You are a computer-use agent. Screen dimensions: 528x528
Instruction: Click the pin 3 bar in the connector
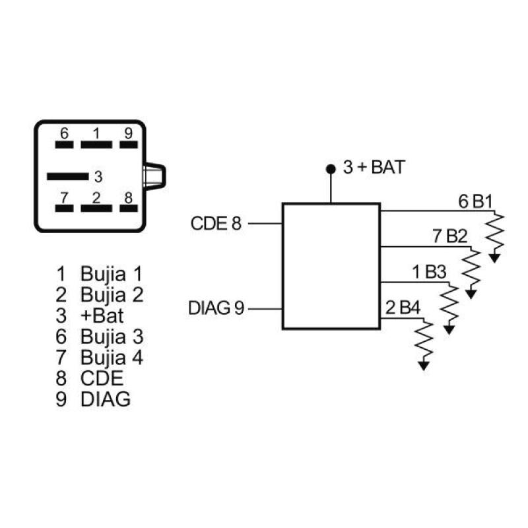tap(67, 176)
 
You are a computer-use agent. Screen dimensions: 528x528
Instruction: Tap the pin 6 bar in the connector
tap(64, 143)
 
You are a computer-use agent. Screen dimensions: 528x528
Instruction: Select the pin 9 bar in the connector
tap(128, 143)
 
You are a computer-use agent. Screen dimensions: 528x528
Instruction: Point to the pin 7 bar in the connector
tap(64, 207)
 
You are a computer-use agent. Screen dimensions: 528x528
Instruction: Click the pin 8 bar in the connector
tap(128, 207)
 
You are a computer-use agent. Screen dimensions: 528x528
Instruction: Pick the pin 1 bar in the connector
tap(96, 143)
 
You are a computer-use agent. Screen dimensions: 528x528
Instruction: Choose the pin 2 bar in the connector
tap(96, 207)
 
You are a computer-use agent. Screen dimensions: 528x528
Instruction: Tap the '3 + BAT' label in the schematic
tap(374, 168)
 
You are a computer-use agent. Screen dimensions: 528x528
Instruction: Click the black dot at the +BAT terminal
tap(330, 169)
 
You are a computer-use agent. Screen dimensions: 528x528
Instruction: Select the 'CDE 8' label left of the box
tap(216, 223)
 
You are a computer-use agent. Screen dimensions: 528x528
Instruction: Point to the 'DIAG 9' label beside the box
tap(216, 308)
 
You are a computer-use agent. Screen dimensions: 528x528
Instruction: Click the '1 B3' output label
tap(430, 272)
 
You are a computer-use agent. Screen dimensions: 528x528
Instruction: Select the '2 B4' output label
tap(401, 308)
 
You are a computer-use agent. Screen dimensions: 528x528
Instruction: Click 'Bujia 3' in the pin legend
tap(112, 337)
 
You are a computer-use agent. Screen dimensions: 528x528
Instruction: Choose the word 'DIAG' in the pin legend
tap(106, 399)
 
